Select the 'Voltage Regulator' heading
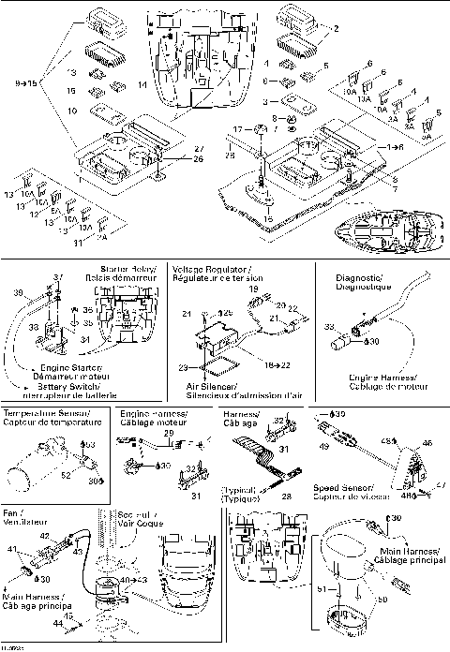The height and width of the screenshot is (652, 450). pos(205,268)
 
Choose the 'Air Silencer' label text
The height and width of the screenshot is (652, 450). pos(198,386)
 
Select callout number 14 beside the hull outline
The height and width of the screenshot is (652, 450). pos(142,85)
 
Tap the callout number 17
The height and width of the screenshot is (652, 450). pos(238,129)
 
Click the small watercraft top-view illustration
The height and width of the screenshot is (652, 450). pos(383,226)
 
